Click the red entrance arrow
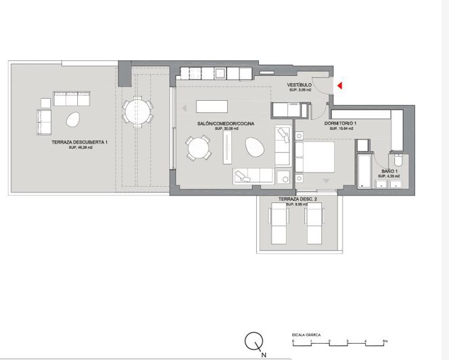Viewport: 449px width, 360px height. tap(341, 85)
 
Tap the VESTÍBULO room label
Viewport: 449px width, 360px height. tap(300, 85)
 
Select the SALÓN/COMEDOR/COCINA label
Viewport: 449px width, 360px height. tap(226, 123)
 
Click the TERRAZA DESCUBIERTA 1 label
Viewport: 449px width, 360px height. tap(80, 142)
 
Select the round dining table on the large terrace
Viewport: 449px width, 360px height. tap(137, 109)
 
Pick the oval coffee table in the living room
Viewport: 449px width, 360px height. tap(254, 145)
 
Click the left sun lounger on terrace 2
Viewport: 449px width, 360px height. tap(279, 225)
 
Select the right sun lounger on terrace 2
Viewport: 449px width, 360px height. tap(314, 225)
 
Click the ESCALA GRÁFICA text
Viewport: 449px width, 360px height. tap(306, 334)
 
